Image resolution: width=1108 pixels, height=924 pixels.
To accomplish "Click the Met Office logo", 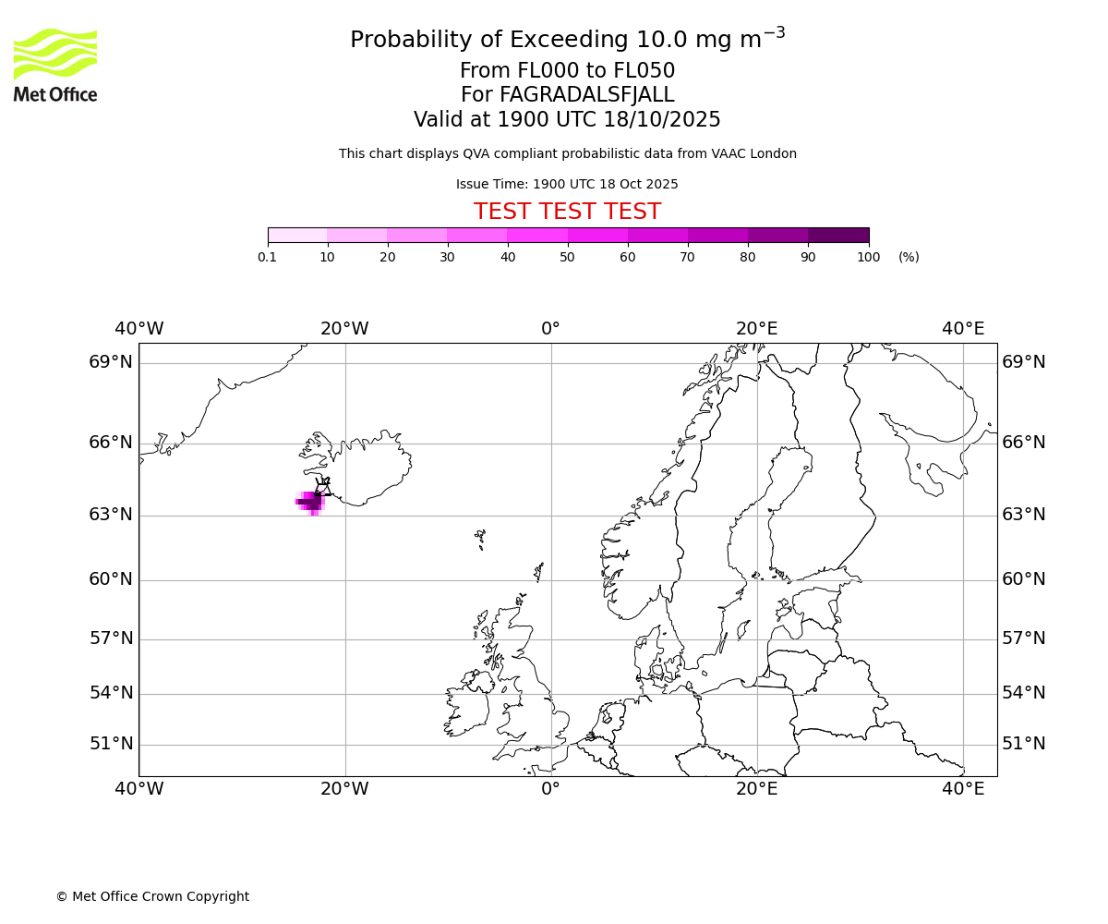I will [55, 65].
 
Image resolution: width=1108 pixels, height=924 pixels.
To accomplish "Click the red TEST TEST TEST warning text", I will [567, 212].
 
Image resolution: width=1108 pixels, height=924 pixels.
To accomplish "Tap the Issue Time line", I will [567, 185].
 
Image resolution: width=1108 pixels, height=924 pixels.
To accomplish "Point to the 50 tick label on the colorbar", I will [567, 257].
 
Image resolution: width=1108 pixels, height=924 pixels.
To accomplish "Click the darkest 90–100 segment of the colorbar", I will [838, 236].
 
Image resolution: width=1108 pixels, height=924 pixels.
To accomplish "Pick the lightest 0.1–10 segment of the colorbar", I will [297, 236].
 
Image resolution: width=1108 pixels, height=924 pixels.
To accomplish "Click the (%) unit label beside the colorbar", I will [909, 257].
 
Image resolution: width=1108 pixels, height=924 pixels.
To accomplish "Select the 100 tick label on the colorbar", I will [868, 257].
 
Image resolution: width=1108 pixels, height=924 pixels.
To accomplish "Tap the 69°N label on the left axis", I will [111, 362].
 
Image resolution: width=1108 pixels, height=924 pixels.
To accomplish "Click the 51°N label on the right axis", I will [1024, 744].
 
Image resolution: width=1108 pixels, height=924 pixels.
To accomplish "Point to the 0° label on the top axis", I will [550, 329].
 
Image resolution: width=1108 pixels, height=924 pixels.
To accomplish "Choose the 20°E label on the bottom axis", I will [757, 789].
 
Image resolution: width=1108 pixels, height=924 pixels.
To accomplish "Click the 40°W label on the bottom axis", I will [139, 789].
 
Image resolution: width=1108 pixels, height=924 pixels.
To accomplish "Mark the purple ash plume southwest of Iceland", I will [310, 502].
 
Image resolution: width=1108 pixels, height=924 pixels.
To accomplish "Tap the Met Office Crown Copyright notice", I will [152, 896].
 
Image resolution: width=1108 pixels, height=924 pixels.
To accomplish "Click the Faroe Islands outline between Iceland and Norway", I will [480, 538].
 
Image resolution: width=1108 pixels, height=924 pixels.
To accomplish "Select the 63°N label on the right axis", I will [1024, 515].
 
